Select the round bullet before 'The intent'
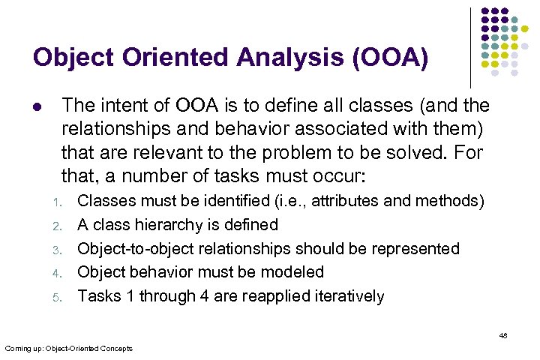click(37, 106)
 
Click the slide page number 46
click(503, 336)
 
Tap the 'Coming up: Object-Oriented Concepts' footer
click(68, 348)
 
